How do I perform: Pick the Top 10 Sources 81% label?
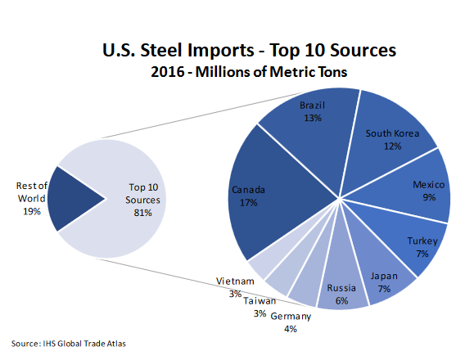(143, 200)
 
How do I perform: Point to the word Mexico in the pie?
(428, 185)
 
